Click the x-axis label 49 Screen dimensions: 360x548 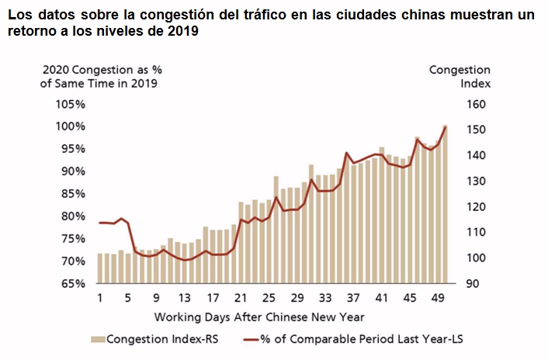click(x=437, y=299)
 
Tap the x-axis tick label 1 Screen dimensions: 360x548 click(x=101, y=299)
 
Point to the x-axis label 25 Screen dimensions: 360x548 click(x=269, y=299)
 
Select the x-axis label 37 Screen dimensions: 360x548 click(x=352, y=299)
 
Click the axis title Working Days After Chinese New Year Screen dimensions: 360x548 click(x=259, y=317)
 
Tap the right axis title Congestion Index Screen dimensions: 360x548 click(x=460, y=77)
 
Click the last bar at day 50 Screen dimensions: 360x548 click(x=444, y=204)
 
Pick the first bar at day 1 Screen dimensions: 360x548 click(x=100, y=268)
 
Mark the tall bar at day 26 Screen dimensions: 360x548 click(x=276, y=230)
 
